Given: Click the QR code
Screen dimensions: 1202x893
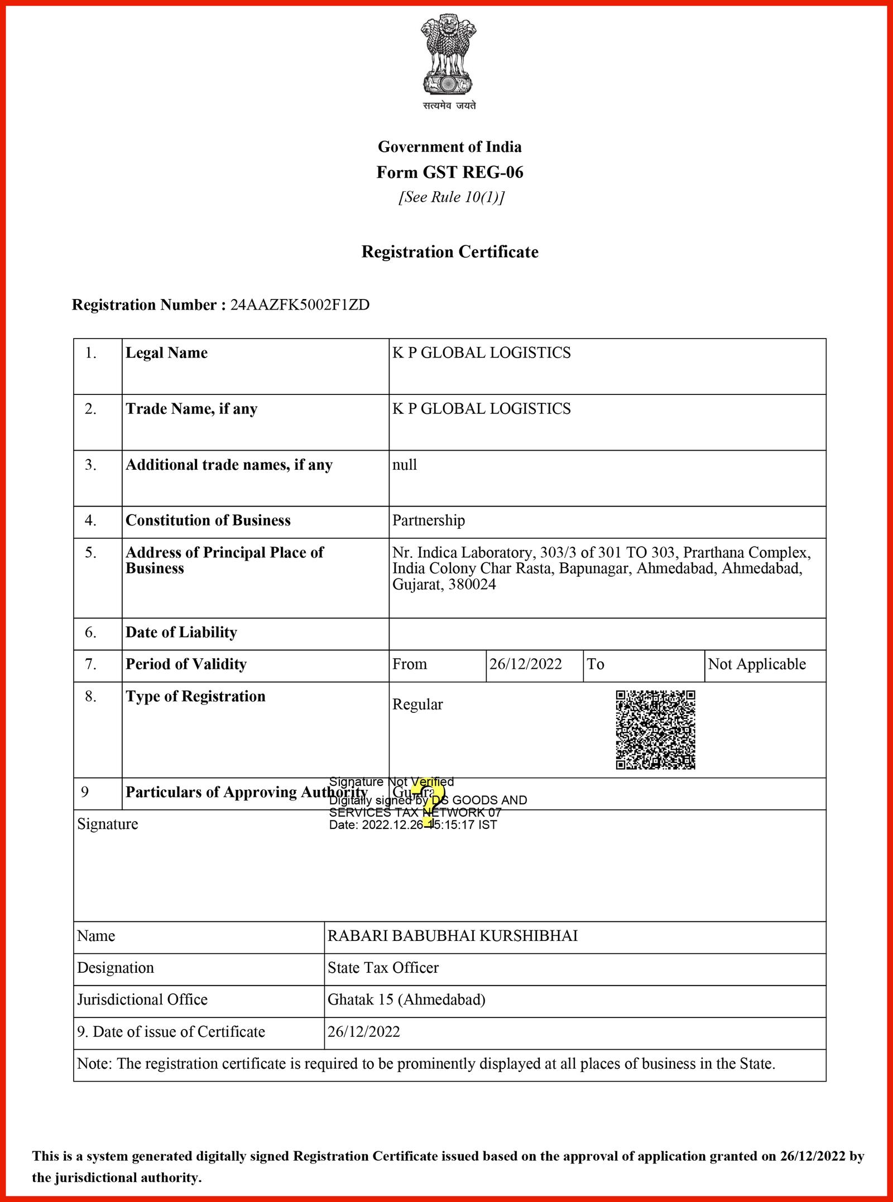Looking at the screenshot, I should tap(655, 730).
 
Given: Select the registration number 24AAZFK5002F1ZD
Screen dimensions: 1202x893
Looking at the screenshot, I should tap(300, 305).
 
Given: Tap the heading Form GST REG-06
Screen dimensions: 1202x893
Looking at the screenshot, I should tap(450, 172).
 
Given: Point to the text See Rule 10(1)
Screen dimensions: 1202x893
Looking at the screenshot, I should tap(451, 197).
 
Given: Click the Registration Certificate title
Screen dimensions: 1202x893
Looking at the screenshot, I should tap(450, 252).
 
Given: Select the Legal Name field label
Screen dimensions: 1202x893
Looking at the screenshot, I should tap(166, 353).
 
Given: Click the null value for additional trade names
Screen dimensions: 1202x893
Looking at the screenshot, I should tap(404, 465).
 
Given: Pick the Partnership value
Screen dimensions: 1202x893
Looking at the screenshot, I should tap(428, 520).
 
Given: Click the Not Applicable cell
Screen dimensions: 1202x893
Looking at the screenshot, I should tap(757, 664).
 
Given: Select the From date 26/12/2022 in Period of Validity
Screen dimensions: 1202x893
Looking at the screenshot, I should tap(525, 664).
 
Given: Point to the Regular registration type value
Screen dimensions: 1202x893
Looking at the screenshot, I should tap(417, 704).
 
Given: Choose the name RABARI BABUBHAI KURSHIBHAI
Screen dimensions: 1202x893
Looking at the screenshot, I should tap(452, 936).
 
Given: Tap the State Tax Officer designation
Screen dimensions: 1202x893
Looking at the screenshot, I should tap(383, 968).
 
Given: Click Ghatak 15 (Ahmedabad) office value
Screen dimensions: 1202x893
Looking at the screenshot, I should tap(406, 1000).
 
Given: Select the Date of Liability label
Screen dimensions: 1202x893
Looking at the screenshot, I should tap(181, 633).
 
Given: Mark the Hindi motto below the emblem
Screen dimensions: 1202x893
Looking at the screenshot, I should tap(449, 105).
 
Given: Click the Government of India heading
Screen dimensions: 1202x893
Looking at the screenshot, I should tap(450, 147).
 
